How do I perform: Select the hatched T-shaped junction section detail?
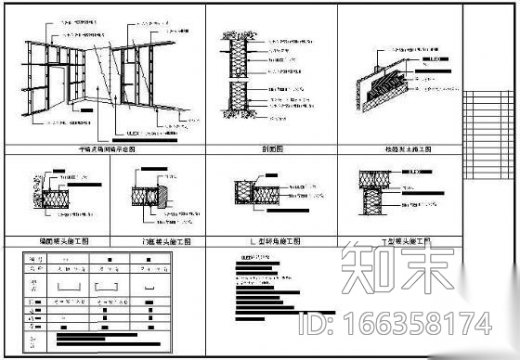(373, 195)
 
